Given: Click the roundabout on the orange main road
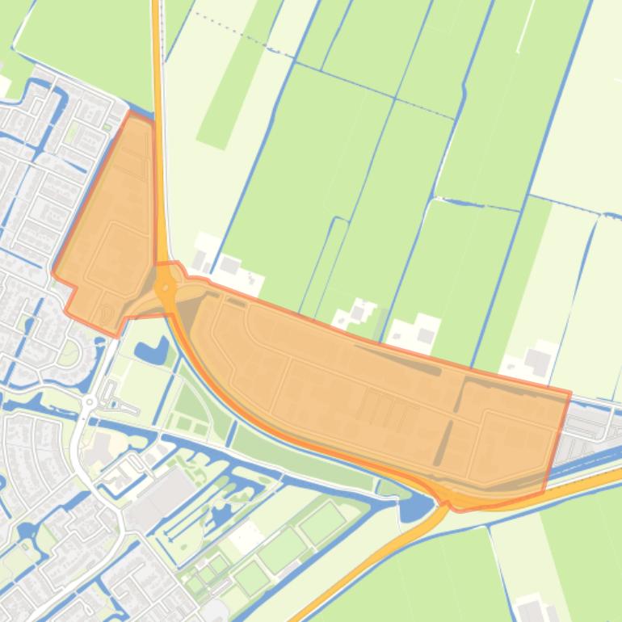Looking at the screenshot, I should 166,288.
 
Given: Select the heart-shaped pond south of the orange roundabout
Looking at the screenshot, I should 153,351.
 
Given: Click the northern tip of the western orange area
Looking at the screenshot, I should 132,114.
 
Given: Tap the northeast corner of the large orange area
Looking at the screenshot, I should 569,393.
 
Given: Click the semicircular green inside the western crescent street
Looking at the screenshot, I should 68,352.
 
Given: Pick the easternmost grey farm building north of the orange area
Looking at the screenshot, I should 537,361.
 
